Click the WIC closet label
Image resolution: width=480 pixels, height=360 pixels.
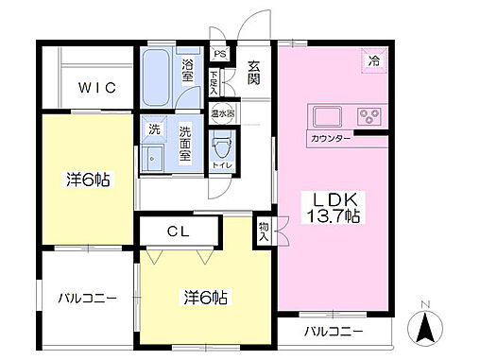point(97,88)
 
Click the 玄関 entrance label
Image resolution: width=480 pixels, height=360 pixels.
point(254,73)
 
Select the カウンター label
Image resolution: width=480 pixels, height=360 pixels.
point(331,140)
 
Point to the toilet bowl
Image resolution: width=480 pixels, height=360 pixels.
point(222,146)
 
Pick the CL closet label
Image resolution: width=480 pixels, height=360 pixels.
point(180,230)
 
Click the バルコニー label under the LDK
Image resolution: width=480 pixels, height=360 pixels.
point(333,333)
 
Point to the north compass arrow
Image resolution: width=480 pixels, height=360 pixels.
point(426,330)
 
